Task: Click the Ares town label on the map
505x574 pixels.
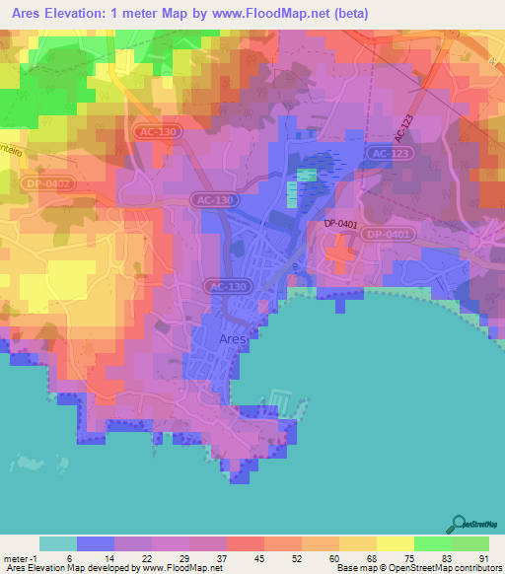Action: coord(232,338)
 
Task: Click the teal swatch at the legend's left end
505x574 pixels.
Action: coord(57,543)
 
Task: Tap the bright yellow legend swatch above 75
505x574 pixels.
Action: coord(396,543)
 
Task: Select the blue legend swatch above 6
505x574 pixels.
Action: coord(96,543)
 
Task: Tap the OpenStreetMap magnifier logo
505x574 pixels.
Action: coord(460,526)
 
